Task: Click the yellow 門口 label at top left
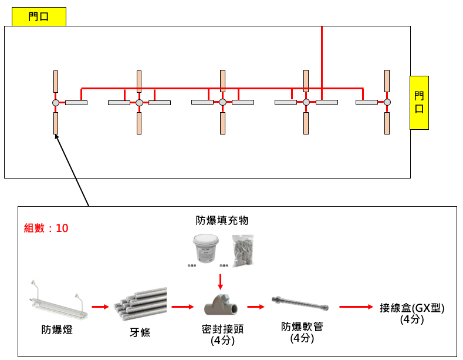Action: [x=39, y=17]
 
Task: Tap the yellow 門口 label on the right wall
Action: [x=419, y=103]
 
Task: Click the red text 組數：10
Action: [x=46, y=228]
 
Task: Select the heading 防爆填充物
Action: [x=222, y=220]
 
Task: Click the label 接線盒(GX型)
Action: [x=412, y=308]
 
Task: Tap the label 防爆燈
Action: [x=58, y=330]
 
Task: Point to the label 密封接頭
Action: [x=222, y=329]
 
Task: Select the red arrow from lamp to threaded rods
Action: [x=100, y=306]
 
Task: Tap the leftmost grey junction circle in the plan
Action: [x=56, y=103]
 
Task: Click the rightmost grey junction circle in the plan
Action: [x=387, y=103]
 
